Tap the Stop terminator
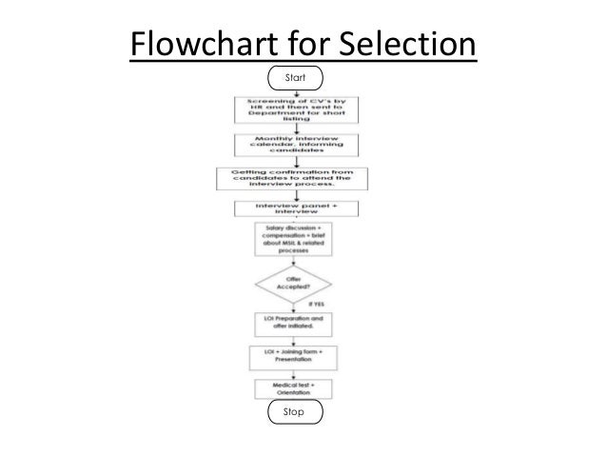pos(296,412)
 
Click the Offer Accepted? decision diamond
pos(292,284)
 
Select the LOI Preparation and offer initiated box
pos(292,322)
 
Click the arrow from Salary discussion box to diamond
pos(292,261)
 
